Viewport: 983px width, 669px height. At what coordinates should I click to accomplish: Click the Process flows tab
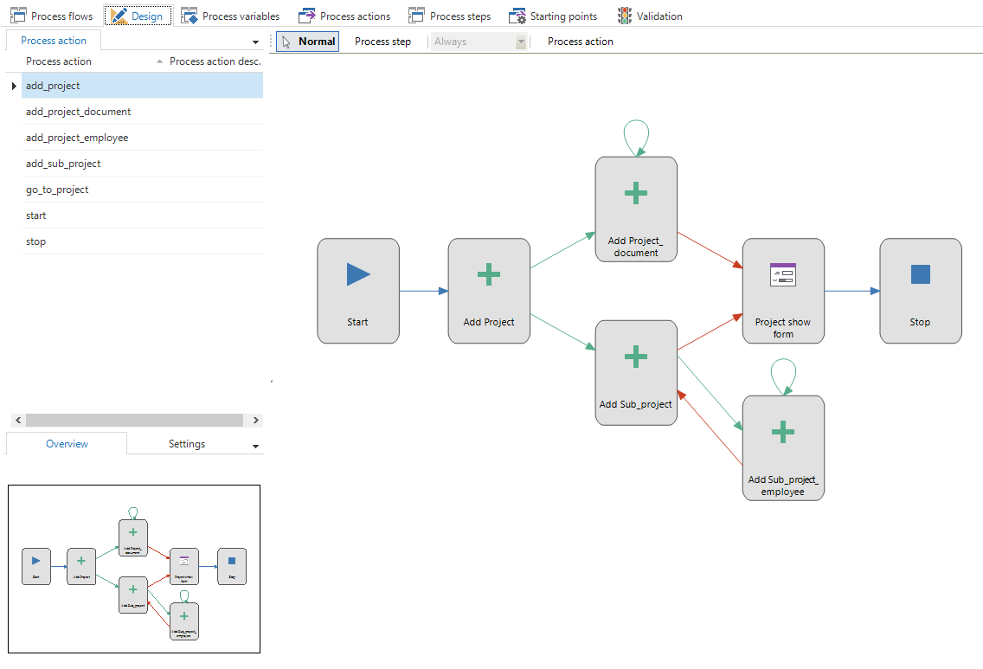coord(51,16)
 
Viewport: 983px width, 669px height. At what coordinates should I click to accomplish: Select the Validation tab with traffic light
coord(650,16)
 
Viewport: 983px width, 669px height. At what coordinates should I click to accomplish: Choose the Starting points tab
coord(553,16)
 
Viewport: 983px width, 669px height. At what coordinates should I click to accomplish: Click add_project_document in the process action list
coord(79,112)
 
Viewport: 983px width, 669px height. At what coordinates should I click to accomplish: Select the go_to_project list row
coord(57,190)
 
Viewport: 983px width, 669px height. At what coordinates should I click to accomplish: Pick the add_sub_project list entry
coord(63,164)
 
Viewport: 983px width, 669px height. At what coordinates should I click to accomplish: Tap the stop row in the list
coord(36,241)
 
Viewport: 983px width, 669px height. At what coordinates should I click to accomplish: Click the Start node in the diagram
coord(358,291)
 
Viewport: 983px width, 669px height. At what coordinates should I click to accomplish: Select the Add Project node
coord(489,291)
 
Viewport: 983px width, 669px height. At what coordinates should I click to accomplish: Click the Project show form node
coord(783,291)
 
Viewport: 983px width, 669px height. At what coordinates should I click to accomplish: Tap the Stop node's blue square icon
coord(921,275)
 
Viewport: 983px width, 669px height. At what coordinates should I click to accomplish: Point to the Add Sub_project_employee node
coord(783,447)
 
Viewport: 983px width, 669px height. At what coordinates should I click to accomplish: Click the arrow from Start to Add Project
coord(423,291)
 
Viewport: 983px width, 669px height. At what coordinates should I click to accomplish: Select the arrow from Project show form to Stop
coord(851,291)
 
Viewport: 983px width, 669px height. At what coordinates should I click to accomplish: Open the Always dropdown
coord(479,42)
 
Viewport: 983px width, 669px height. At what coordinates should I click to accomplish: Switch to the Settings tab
coord(187,444)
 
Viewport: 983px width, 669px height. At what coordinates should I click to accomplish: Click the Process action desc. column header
coord(215,61)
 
